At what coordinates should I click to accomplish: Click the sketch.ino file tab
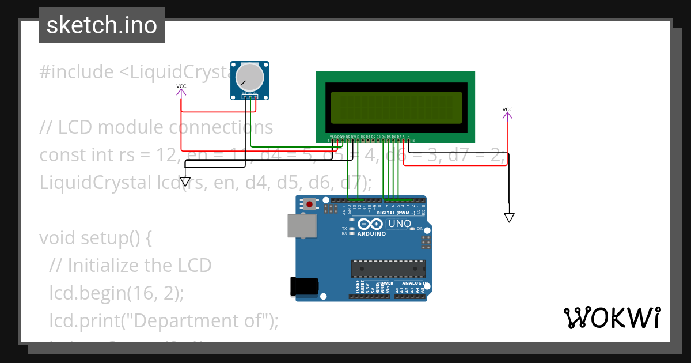(102, 25)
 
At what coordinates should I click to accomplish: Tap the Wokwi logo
(612, 317)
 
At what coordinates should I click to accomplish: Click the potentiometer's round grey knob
(251, 77)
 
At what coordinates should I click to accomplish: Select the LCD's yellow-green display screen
(396, 107)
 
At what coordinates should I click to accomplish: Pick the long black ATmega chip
(389, 269)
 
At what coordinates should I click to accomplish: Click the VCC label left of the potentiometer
(181, 86)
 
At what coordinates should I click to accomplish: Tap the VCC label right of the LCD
(507, 109)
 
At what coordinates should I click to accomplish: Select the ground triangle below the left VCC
(185, 182)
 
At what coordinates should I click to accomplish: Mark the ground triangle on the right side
(509, 217)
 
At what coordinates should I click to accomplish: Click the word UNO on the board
(400, 224)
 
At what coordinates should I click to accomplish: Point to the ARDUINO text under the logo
(372, 234)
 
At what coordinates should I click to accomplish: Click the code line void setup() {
(95, 237)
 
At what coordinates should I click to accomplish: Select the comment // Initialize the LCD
(131, 265)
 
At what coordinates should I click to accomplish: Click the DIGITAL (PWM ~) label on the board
(397, 213)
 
